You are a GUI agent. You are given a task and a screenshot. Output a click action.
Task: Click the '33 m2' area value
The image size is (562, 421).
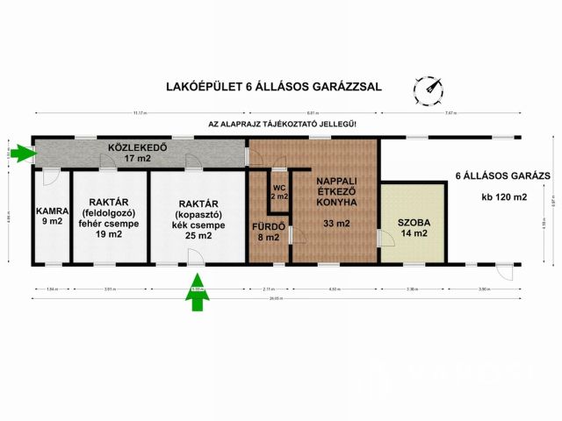pyautogui.click(x=335, y=224)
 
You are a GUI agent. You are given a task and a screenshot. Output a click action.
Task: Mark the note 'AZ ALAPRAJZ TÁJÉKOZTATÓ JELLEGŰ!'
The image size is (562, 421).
pyautogui.click(x=283, y=125)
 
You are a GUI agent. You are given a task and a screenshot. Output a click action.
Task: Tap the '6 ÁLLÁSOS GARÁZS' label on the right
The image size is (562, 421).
pyautogui.click(x=503, y=175)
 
